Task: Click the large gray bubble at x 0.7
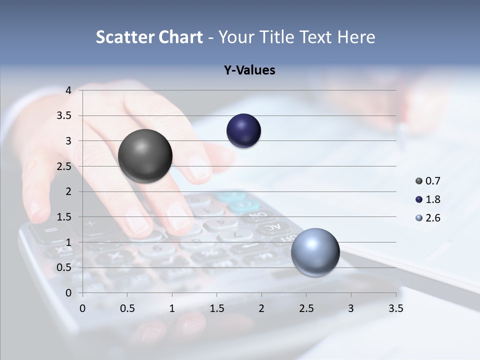click(x=145, y=156)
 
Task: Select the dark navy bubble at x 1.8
click(x=243, y=131)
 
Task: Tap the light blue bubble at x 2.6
click(x=315, y=252)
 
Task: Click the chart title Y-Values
click(x=249, y=70)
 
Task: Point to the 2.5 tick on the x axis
click(x=306, y=308)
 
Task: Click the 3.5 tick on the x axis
click(x=395, y=308)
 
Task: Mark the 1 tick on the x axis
click(x=172, y=308)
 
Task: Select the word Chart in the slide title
click(x=180, y=37)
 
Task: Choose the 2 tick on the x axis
click(x=261, y=308)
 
